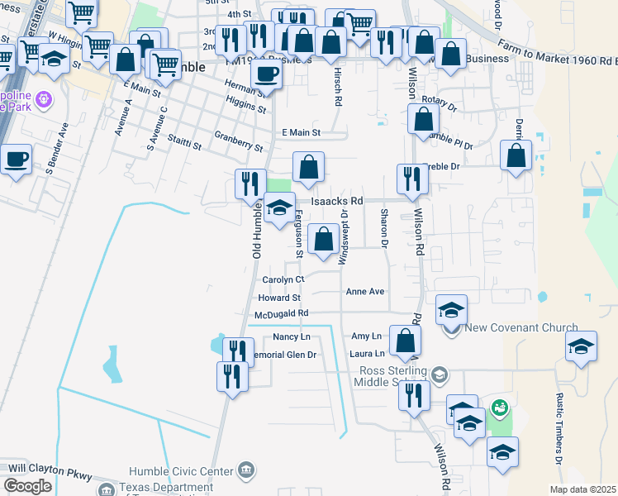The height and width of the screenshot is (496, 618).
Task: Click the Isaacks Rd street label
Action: coord(337,201)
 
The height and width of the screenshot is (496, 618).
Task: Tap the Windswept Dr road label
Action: coord(343,236)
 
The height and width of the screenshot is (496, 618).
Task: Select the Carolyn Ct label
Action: coord(283,279)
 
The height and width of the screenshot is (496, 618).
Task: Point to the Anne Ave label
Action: coord(365,291)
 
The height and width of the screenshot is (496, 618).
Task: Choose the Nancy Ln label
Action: coord(292,336)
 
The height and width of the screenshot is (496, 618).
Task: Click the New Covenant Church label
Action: coord(521,328)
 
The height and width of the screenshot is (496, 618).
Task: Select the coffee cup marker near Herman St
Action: coord(266,74)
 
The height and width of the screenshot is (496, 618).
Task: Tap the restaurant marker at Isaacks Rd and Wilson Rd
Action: coord(412,179)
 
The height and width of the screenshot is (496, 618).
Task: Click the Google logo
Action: coord(27,486)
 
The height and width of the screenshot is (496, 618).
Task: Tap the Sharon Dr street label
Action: coord(384,227)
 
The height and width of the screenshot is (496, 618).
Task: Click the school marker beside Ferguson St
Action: coord(279,207)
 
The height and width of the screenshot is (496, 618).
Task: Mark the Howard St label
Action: coord(278,298)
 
